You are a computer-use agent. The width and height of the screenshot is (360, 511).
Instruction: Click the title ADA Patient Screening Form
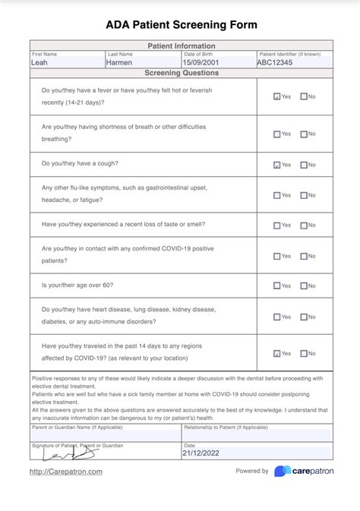[x=181, y=25]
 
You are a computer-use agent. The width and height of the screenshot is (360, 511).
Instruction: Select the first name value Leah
[x=39, y=63]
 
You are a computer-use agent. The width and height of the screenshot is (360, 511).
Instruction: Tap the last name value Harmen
[x=119, y=63]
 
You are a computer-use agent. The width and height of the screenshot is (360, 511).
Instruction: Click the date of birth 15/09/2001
[x=201, y=63]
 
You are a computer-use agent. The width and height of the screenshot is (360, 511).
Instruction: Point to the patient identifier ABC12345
[x=275, y=63]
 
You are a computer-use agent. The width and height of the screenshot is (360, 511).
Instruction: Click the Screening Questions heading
[x=181, y=73]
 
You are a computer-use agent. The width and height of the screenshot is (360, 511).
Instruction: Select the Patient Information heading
[x=181, y=46]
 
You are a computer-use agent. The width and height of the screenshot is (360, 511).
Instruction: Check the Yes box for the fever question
[x=277, y=97]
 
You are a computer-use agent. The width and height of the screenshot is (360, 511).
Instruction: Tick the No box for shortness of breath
[x=304, y=134]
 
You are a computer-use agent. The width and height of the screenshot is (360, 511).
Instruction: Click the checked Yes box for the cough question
[x=277, y=165]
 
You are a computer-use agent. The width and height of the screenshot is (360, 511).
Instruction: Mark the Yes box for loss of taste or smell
[x=277, y=226]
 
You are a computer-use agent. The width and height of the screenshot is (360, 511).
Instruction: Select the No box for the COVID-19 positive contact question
[x=304, y=257]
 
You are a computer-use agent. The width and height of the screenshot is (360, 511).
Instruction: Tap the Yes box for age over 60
[x=277, y=286]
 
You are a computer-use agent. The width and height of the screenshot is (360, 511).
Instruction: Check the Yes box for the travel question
[x=277, y=354]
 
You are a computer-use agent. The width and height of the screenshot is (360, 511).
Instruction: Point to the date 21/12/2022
[x=201, y=453]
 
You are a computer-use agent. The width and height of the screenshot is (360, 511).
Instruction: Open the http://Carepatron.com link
[x=66, y=472]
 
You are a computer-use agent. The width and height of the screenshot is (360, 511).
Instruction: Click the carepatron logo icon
[x=282, y=472]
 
